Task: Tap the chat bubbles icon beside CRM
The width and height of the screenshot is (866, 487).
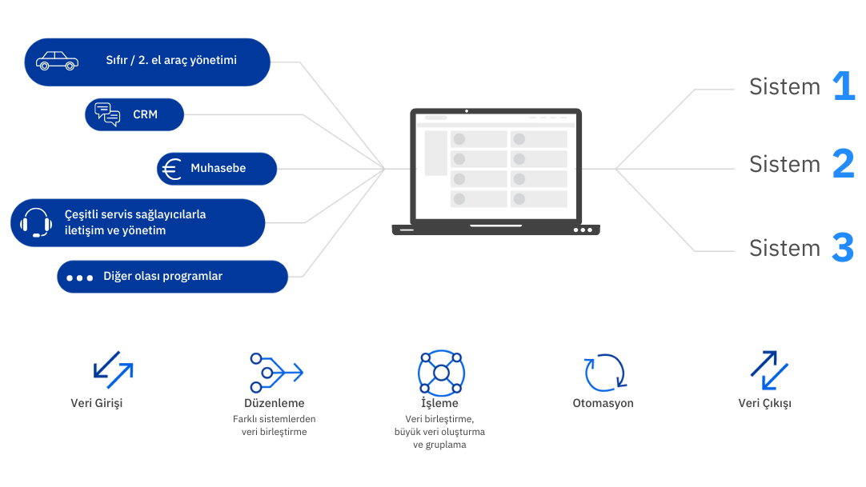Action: tap(107, 114)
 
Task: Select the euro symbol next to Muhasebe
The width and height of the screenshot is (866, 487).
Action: tap(171, 169)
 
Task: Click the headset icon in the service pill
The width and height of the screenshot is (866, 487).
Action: tap(36, 222)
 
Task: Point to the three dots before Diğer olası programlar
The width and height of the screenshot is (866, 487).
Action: tap(80, 277)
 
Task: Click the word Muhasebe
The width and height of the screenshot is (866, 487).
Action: tap(218, 169)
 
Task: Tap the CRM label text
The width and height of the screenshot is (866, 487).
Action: tap(146, 114)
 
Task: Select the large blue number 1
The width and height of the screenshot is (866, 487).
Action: tap(844, 86)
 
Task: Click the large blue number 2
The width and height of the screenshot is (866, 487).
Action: tap(844, 164)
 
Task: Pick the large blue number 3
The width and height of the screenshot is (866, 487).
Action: tap(844, 248)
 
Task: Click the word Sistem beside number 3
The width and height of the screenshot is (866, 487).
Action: tap(784, 248)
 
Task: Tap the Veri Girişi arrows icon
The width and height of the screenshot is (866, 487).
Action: tap(113, 369)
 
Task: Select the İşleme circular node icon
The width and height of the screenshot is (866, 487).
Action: tap(441, 373)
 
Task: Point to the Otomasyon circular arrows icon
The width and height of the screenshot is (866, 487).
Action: tap(604, 373)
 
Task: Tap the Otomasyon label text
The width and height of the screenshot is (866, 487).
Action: tap(603, 403)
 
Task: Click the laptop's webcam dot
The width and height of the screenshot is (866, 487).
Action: tap(466, 110)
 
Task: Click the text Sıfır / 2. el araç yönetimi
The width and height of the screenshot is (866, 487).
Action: tap(171, 61)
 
